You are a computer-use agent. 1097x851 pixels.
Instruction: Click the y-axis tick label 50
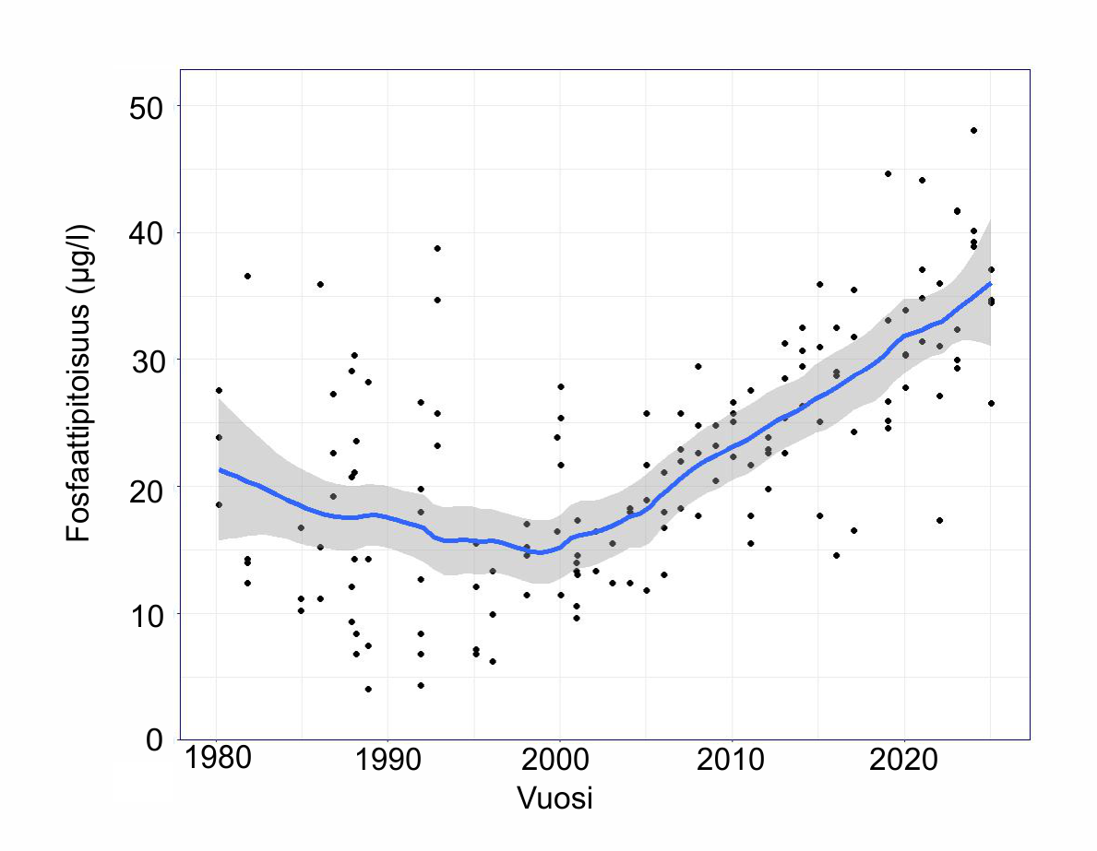pos(146,108)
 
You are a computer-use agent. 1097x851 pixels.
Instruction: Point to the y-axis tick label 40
pos(146,234)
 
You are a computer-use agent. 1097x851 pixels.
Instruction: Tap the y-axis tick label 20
pos(146,488)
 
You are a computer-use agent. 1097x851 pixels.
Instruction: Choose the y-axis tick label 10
pos(146,615)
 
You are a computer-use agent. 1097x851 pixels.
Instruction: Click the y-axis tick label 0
pos(155,739)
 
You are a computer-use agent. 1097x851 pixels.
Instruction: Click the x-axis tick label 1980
pos(217,758)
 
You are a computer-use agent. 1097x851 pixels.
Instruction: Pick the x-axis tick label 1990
pos(388,758)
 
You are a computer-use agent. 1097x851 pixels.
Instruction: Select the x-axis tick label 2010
pos(731,758)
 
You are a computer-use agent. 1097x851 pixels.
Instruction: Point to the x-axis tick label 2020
pos(903,758)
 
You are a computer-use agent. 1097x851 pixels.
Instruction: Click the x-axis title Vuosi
pos(554,798)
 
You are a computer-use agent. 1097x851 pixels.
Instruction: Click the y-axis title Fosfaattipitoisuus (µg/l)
pos(79,384)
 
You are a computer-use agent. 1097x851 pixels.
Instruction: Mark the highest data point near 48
pos(973,130)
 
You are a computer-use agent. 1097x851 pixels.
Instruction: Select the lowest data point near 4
pos(368,689)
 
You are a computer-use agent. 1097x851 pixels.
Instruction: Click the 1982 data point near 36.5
pos(247,277)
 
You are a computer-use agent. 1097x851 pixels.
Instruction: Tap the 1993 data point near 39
pos(437,248)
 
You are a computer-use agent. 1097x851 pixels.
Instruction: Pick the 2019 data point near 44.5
pos(888,173)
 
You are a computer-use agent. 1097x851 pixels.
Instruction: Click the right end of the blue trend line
pos(991,283)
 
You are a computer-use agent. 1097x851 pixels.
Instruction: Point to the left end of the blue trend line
pos(220,469)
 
